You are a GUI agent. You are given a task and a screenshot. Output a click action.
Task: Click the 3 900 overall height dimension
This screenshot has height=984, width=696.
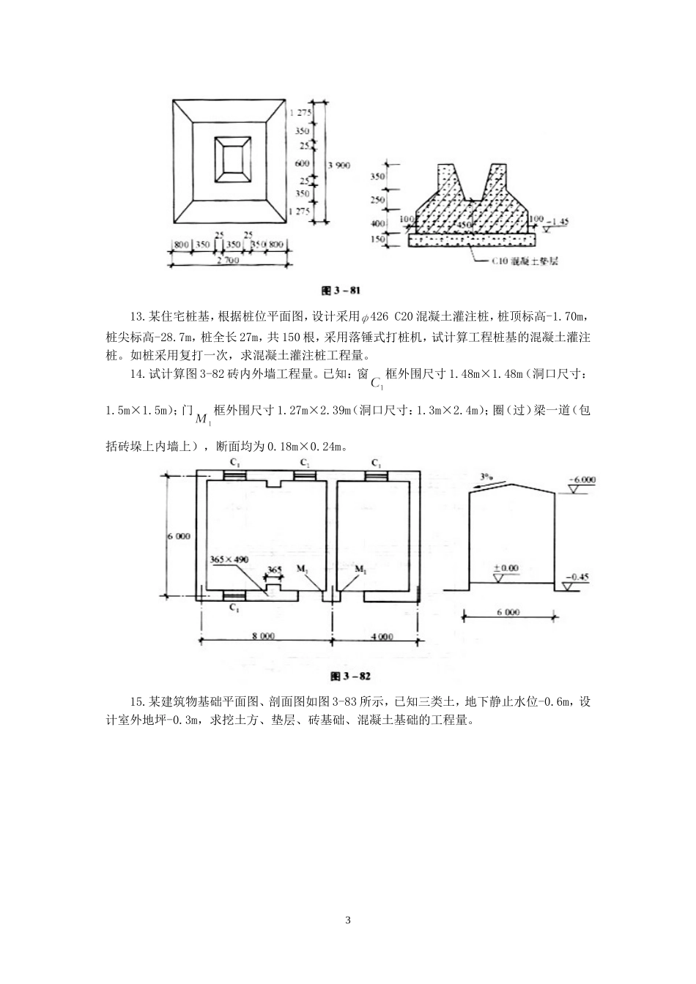(338, 165)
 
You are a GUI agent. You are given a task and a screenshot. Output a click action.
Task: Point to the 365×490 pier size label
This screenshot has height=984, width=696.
(229, 559)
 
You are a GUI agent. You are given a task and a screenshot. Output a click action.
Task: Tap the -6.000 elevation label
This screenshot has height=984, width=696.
(582, 480)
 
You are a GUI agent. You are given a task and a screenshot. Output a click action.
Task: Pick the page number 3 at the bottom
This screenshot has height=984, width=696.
(348, 920)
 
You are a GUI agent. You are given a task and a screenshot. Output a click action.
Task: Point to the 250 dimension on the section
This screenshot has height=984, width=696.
(398, 200)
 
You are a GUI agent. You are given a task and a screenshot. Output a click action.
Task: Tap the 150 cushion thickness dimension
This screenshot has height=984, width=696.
(398, 239)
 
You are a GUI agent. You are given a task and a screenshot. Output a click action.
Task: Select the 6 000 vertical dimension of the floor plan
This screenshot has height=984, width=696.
(179, 536)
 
